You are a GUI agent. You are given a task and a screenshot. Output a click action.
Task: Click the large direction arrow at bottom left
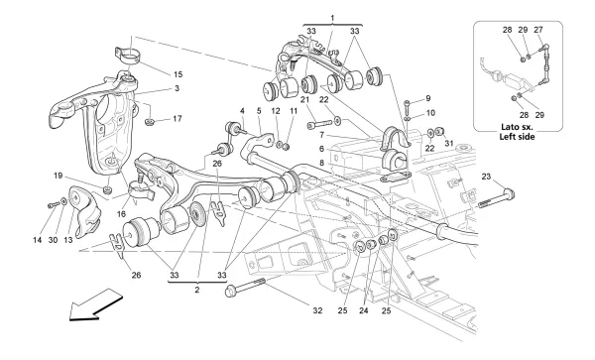94,305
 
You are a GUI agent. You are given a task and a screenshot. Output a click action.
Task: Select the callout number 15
178,74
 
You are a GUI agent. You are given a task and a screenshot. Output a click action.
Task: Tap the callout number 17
178,119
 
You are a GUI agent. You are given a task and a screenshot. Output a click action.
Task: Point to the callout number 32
317,310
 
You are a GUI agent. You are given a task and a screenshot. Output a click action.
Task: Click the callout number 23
486,177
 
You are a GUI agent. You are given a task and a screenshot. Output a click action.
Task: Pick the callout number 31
449,144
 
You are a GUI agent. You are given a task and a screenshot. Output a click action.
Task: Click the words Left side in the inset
518,137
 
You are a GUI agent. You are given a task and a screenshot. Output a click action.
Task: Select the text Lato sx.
518,127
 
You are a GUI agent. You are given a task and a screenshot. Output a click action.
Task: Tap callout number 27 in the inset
538,30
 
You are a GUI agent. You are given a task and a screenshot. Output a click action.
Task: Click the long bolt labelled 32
246,288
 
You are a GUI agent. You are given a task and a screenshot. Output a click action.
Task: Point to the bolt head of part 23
509,193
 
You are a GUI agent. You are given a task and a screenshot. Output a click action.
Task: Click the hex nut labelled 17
150,122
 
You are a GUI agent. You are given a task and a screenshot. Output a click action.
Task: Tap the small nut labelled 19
108,188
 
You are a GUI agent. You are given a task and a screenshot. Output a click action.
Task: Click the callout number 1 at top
332,18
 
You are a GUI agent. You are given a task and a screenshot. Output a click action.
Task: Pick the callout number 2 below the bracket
197,291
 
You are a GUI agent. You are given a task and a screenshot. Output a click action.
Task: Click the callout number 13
67,240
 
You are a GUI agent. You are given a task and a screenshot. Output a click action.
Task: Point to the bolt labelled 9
408,107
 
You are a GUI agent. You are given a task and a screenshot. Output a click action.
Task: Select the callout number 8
321,163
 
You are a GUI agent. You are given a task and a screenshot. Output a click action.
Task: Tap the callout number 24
364,310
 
